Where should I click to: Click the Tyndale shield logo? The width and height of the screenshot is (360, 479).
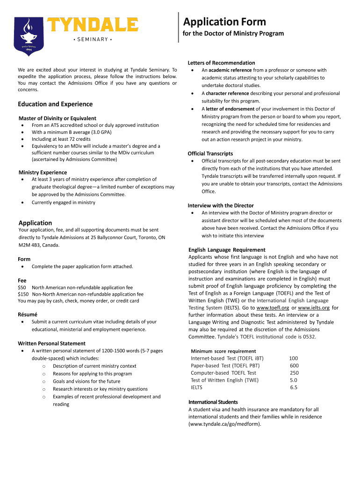point(29,36)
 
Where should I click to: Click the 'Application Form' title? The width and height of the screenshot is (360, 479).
point(224,22)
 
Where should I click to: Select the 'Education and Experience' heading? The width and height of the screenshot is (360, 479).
point(55,104)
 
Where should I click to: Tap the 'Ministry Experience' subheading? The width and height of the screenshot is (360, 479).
point(43,172)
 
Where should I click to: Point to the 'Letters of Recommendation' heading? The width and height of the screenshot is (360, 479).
point(221,63)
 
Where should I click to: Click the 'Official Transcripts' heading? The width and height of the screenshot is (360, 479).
point(210,153)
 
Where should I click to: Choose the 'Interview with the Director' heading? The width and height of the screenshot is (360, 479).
point(221,205)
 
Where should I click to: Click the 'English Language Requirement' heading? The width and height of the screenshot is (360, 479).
point(227,250)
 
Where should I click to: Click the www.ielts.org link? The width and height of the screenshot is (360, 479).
point(314,308)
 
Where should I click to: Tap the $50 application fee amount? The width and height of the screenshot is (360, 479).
point(22,288)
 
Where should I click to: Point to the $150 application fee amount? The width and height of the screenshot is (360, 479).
point(23,294)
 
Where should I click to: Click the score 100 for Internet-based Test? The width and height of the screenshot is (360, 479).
point(293,358)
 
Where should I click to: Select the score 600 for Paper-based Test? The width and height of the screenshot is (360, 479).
point(294,366)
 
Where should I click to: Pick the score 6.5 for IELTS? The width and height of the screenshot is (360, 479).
point(294,387)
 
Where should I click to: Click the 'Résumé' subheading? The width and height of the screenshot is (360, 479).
point(28,314)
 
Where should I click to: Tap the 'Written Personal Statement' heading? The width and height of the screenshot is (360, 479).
point(51,343)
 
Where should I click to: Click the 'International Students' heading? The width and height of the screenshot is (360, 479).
point(213,402)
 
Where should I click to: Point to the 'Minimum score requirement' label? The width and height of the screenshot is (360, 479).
point(223,351)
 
